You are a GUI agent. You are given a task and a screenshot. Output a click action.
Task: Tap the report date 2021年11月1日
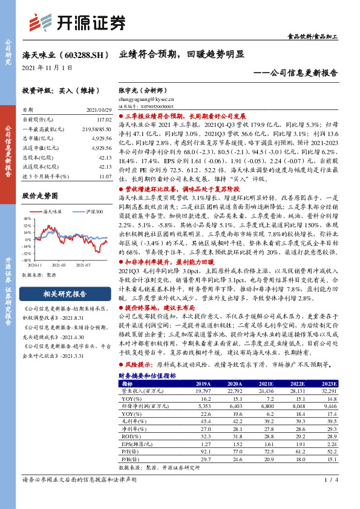(46, 66)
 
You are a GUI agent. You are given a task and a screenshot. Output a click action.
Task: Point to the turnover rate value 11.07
(105, 175)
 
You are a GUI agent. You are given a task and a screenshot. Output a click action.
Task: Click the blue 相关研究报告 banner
(63, 294)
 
